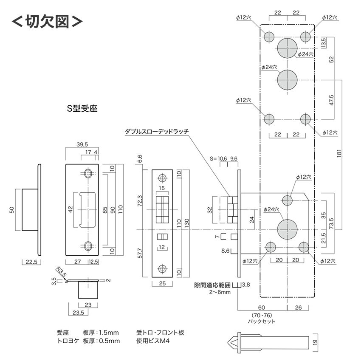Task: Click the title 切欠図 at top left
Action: (47, 22)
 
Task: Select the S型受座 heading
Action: (82, 108)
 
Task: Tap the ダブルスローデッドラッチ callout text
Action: (157, 132)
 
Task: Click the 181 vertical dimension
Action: (339, 153)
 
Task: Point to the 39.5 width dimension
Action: (82, 144)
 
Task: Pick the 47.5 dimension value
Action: (331, 100)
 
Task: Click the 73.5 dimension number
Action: (331, 223)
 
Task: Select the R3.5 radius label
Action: (61, 272)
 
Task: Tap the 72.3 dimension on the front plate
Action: (140, 200)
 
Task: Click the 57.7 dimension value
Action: (140, 253)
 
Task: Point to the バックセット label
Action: (261, 322)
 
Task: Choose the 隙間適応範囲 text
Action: (212, 285)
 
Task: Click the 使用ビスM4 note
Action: (153, 341)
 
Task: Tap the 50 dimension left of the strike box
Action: (12, 210)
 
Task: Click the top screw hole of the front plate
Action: (162, 178)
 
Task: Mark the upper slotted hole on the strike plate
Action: (88, 174)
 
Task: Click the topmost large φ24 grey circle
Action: (288, 48)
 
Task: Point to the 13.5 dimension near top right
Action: (323, 43)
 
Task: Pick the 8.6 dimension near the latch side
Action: (225, 251)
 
